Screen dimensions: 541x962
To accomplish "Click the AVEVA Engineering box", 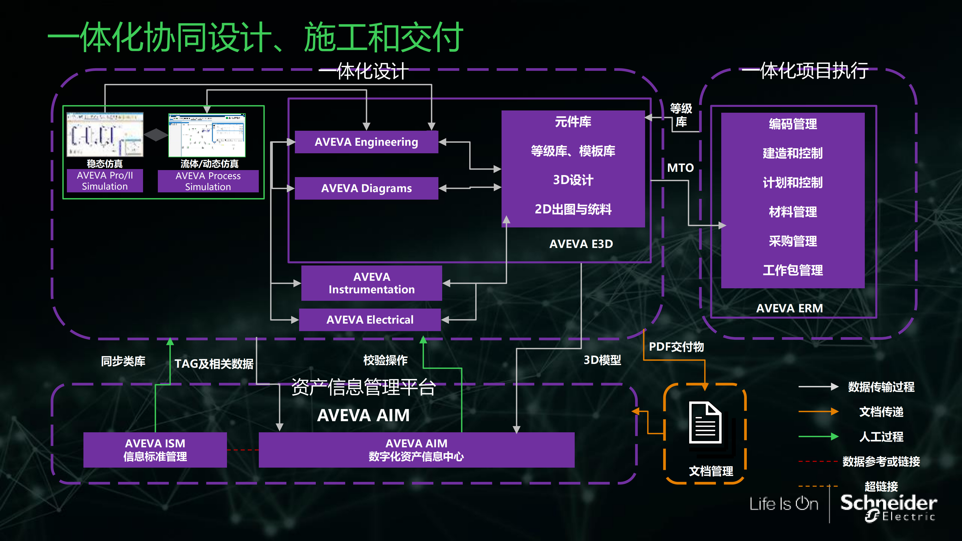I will click(366, 142).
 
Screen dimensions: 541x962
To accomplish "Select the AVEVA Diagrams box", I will click(366, 188).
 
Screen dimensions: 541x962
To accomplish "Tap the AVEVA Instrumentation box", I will click(372, 283).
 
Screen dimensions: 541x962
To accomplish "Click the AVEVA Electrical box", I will click(370, 320).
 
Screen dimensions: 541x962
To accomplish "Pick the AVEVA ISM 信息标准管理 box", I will click(155, 450).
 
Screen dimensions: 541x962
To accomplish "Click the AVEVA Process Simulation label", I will click(208, 181).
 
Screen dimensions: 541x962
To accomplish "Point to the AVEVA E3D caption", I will click(581, 244).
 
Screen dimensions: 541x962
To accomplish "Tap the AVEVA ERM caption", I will click(789, 308).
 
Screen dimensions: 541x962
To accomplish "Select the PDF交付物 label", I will click(676, 347).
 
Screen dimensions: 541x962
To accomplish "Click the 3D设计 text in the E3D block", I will click(573, 180).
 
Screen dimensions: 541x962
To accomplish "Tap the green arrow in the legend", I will click(818, 437).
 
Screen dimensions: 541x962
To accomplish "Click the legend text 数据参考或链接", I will click(881, 461).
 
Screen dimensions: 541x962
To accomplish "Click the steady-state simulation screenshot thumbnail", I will click(105, 134).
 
